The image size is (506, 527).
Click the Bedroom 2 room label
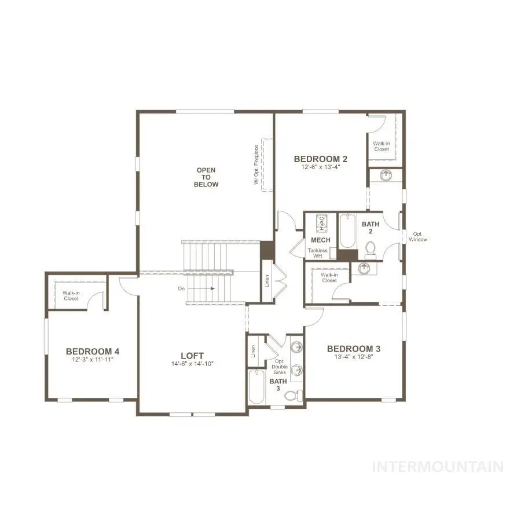tap(321, 159)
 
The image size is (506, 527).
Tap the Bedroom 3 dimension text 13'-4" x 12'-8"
tap(354, 357)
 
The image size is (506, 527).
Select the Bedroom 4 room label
tap(93, 352)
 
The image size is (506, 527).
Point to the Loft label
tap(192, 356)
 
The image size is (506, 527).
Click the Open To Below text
tap(206, 177)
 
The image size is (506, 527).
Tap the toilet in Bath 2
tap(371, 250)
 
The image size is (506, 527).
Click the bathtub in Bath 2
tap(347, 231)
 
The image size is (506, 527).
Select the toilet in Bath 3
tap(294, 396)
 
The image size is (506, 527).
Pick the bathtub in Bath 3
tap(257, 387)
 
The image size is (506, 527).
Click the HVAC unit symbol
tap(321, 224)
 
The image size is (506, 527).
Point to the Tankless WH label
tap(317, 253)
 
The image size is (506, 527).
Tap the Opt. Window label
tap(417, 237)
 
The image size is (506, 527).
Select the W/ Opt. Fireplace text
tap(256, 164)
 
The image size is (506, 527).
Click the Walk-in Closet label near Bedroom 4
tap(71, 296)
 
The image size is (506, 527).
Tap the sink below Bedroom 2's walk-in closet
tap(386, 175)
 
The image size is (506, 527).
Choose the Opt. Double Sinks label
tap(280, 367)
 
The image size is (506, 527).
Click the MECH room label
tap(321, 240)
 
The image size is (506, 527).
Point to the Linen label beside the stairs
tap(267, 281)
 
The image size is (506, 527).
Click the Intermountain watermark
tap(438, 467)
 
